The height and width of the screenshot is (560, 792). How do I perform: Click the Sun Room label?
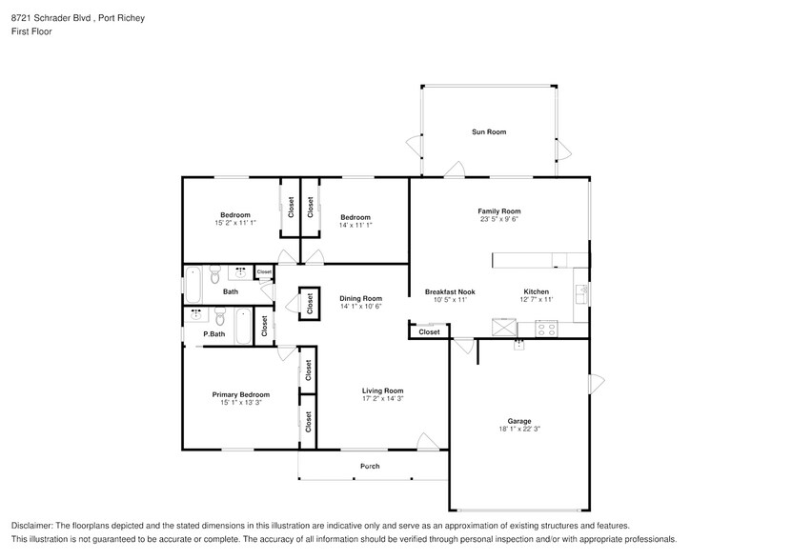pos(488,131)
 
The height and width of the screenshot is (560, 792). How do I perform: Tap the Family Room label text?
pos(498,211)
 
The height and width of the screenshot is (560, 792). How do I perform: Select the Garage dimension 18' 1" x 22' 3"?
pos(518,429)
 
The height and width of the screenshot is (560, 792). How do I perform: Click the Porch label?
pos(370,466)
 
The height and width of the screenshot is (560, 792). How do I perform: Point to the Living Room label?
pos(382,390)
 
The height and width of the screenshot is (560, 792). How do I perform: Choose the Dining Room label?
pos(360,298)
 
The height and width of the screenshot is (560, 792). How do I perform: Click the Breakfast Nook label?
pos(450,291)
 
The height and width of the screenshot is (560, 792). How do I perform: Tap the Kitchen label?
pos(536,291)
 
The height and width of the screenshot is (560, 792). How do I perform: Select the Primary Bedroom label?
pos(240,394)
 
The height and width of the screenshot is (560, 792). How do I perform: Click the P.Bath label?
pos(213,334)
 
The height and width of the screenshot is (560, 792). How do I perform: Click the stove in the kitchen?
pos(547,329)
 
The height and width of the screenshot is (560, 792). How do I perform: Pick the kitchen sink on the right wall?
pos(580,292)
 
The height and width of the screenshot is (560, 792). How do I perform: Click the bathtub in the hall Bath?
pos(193,283)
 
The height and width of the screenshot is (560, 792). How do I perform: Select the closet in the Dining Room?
pos(311,302)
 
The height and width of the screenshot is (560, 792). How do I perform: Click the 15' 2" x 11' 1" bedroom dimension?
pos(234,223)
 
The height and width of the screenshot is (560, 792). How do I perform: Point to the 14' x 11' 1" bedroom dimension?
pos(355,223)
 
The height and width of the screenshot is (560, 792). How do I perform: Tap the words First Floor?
pos(31,31)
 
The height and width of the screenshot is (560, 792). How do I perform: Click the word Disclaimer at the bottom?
pos(33,526)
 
